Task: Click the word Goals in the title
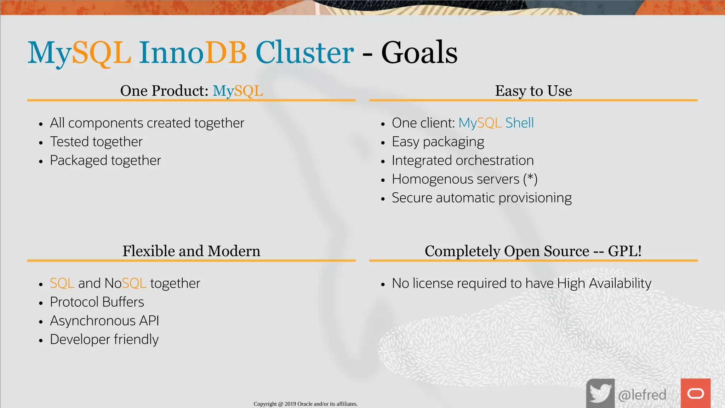(419, 53)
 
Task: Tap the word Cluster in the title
(304, 53)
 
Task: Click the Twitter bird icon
(600, 393)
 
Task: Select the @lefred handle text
(642, 395)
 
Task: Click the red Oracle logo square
(696, 393)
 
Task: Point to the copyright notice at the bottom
(306, 404)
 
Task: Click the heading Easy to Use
(533, 91)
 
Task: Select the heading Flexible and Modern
(191, 251)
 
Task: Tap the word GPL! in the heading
(625, 251)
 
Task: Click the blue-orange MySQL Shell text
(496, 123)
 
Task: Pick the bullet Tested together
(96, 142)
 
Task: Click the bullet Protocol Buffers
(97, 302)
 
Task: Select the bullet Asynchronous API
(104, 321)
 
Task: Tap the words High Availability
(604, 283)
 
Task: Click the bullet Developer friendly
(104, 340)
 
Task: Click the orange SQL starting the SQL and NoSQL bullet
(62, 283)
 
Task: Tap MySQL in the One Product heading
(238, 91)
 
